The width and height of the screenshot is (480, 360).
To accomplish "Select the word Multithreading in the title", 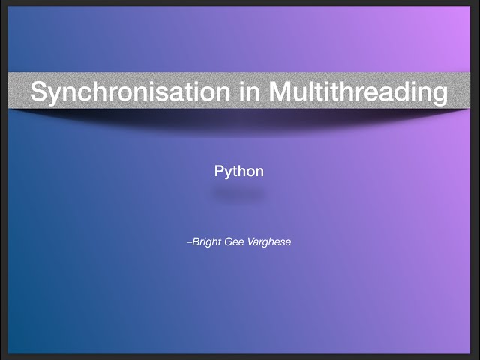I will pyautogui.click(x=358, y=92).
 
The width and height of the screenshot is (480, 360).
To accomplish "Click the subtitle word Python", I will pyautogui.click(x=239, y=172).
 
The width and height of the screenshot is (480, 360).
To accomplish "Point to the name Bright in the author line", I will pyautogui.click(x=208, y=242).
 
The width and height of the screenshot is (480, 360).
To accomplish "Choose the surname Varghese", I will pyautogui.click(x=270, y=242).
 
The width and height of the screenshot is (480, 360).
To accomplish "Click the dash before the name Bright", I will pyautogui.click(x=189, y=242).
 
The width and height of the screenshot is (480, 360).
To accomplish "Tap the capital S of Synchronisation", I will pyautogui.click(x=37, y=92).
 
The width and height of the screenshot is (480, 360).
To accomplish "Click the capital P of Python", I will pyautogui.click(x=219, y=172).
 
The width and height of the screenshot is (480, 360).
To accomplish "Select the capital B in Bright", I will pyautogui.click(x=196, y=242).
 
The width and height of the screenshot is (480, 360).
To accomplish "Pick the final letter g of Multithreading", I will pyautogui.click(x=440, y=94).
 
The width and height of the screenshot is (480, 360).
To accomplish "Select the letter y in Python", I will pyautogui.click(x=228, y=173).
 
